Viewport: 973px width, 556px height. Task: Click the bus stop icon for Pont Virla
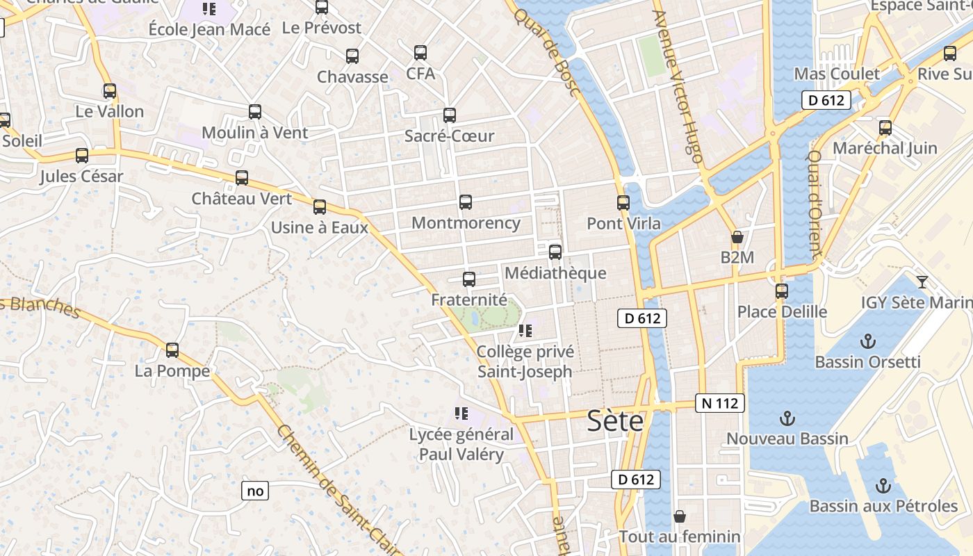click(x=623, y=203)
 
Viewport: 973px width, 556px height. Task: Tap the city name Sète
click(x=615, y=421)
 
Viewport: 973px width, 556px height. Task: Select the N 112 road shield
click(x=720, y=403)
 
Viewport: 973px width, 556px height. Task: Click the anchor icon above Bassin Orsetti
click(x=867, y=341)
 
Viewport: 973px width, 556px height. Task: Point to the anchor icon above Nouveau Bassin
click(x=787, y=418)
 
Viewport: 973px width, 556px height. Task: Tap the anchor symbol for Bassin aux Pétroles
click(x=883, y=486)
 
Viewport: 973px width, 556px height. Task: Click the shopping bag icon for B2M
click(x=737, y=238)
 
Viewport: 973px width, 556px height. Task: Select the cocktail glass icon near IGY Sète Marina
click(x=922, y=281)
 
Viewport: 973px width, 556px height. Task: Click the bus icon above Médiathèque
click(x=555, y=252)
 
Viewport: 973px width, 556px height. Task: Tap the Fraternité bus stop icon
click(x=469, y=279)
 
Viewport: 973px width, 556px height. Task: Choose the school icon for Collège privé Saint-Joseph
click(x=525, y=331)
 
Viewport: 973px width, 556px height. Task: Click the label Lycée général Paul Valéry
click(x=461, y=445)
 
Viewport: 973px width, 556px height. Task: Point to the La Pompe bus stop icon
click(x=172, y=350)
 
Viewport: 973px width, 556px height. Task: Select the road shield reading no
click(x=255, y=491)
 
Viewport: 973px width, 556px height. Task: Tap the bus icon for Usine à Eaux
click(x=320, y=207)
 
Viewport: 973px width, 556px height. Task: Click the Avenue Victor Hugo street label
click(x=678, y=87)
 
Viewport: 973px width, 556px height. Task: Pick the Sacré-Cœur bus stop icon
click(x=450, y=115)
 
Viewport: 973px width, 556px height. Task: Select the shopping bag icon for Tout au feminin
click(x=680, y=516)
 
